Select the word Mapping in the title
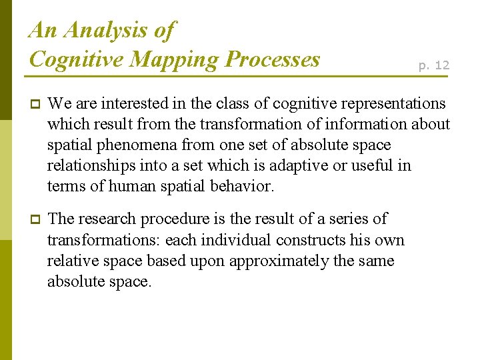174,59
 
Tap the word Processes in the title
273,59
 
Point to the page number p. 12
433,65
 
